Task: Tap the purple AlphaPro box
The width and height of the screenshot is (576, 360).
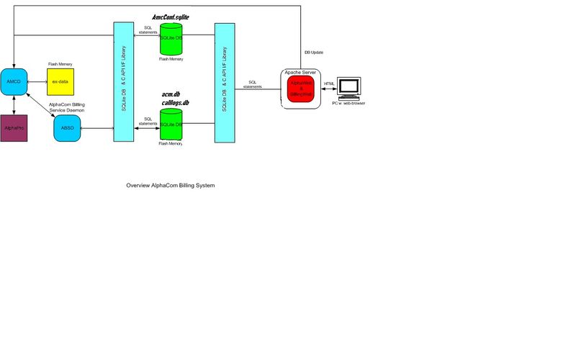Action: click(14, 127)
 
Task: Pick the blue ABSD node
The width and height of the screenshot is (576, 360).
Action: click(68, 128)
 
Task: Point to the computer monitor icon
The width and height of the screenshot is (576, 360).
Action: click(349, 86)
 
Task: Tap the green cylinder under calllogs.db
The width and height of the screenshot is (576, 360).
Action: click(171, 124)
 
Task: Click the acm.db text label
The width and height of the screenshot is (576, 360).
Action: click(171, 94)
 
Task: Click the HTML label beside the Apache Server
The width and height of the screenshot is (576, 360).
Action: click(329, 84)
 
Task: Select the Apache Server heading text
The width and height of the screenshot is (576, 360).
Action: click(300, 73)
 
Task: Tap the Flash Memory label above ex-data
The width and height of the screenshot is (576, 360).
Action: click(60, 64)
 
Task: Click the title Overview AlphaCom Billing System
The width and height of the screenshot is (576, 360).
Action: click(171, 186)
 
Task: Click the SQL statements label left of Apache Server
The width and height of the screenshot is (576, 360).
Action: click(253, 84)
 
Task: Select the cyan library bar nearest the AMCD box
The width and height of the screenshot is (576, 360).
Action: click(124, 83)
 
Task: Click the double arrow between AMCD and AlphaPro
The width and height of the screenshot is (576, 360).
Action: click(14, 105)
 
